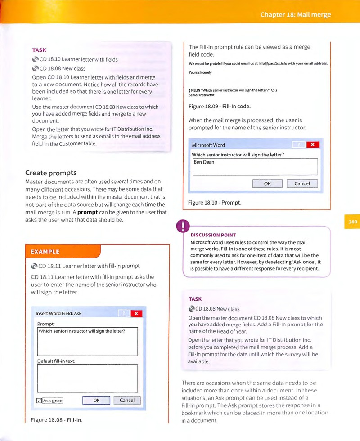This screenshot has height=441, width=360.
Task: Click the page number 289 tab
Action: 352,222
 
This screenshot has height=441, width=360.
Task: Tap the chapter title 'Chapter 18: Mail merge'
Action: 296,15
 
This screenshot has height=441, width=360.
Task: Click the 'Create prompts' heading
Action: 51,173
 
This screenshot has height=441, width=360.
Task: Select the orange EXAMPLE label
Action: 45,252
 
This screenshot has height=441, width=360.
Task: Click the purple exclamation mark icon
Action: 183,226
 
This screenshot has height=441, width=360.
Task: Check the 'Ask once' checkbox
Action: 39,401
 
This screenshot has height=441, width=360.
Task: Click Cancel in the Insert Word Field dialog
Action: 127,400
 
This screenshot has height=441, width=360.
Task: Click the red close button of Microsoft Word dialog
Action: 313,145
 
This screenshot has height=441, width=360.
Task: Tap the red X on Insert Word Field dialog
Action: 136,313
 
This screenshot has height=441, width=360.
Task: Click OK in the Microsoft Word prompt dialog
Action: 267,184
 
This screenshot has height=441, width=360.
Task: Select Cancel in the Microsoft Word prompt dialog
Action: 302,184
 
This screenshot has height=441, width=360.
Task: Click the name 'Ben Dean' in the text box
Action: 204,162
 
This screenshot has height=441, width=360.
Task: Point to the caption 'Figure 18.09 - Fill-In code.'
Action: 220,106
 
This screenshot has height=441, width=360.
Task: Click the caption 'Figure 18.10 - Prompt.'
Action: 215,202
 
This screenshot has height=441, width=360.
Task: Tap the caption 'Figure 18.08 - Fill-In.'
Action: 57,420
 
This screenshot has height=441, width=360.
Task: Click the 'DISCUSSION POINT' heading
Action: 213,235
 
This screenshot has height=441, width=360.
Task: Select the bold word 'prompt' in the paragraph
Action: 88,212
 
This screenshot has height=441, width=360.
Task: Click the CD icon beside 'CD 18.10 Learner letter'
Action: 36,59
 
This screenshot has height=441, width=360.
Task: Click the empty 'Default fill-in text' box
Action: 88,378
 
